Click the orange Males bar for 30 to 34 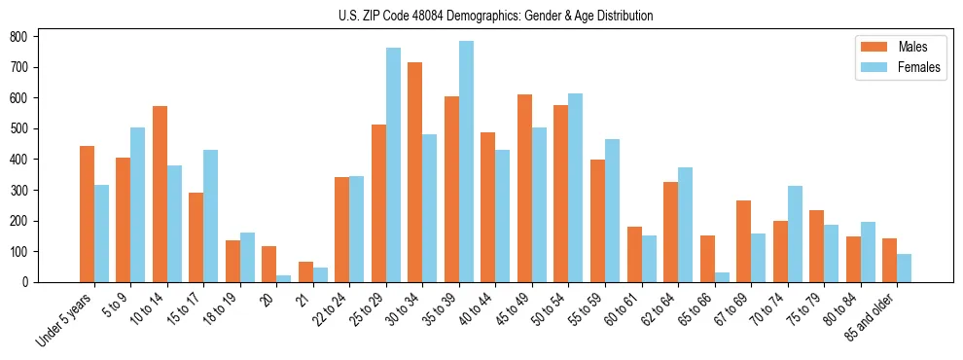[x=414, y=172]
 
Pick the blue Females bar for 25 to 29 [x=393, y=164]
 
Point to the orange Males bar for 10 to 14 [x=160, y=194]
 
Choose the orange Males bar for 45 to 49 [x=524, y=188]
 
